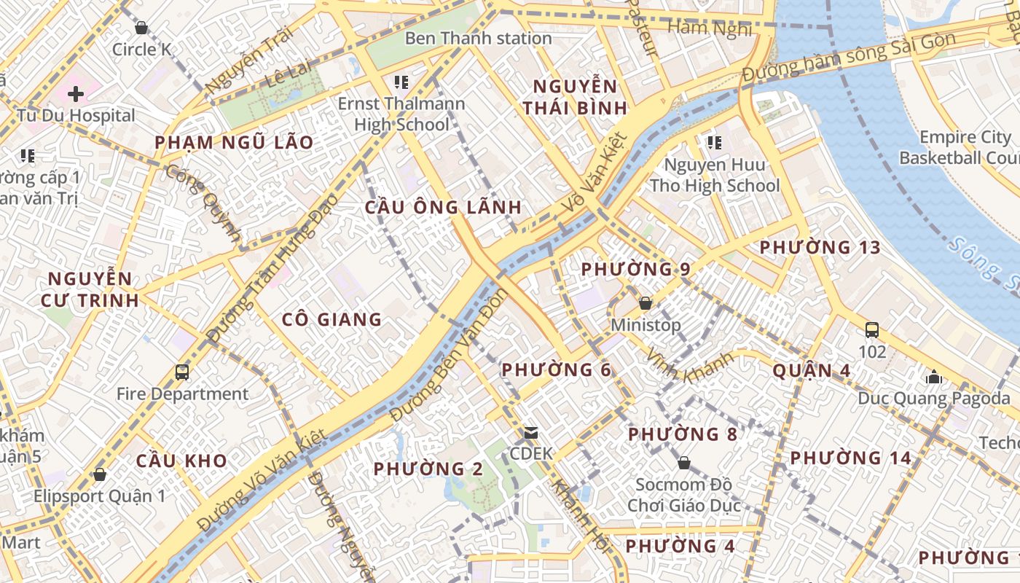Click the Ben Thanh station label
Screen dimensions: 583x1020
click(478, 38)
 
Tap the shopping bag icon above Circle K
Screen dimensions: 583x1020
click(141, 28)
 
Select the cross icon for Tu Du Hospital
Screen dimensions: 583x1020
click(76, 93)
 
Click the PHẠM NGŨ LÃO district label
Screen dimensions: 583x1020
click(234, 143)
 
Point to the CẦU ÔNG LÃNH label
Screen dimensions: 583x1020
click(443, 207)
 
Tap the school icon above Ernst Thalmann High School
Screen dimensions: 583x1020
click(401, 82)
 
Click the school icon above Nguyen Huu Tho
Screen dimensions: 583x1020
click(714, 142)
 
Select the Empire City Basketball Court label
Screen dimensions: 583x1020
click(958, 147)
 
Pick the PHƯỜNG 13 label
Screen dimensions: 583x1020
click(820, 248)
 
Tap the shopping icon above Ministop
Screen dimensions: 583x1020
click(646, 303)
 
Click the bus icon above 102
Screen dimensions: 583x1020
click(872, 329)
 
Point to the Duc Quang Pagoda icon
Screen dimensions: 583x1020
click(934, 377)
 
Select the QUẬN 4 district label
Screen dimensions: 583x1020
click(811, 371)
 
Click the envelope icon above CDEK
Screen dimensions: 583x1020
click(531, 433)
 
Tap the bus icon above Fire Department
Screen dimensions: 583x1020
click(182, 372)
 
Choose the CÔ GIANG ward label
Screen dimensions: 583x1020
click(331, 319)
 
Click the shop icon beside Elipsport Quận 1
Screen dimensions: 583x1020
click(100, 474)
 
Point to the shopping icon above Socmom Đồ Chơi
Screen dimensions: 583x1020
click(683, 463)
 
